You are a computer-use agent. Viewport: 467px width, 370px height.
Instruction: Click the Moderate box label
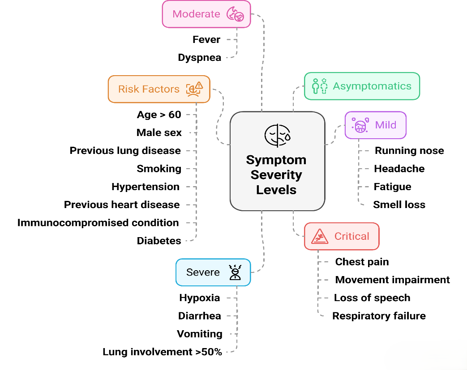click(x=196, y=14)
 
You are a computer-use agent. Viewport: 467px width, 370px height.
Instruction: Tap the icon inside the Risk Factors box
click(x=195, y=89)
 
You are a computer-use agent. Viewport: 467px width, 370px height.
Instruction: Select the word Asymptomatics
click(x=372, y=86)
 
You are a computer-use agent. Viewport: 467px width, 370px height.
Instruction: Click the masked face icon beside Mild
click(x=360, y=125)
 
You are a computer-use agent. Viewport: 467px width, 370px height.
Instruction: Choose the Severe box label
click(x=203, y=272)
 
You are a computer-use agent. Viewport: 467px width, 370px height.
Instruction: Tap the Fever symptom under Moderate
click(x=206, y=39)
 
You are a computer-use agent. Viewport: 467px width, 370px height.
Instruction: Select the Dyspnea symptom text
click(x=199, y=58)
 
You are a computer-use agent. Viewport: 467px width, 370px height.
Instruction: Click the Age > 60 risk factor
click(x=159, y=115)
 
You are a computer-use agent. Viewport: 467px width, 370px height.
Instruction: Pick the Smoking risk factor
click(x=159, y=169)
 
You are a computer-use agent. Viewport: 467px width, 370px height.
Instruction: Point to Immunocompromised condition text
click(x=98, y=222)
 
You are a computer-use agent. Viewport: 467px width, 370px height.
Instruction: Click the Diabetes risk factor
click(x=159, y=241)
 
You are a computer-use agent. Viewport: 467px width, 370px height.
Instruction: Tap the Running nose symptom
click(x=409, y=150)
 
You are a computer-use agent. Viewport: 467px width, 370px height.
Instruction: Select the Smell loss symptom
click(x=399, y=204)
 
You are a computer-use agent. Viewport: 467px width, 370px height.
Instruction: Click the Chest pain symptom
click(x=362, y=262)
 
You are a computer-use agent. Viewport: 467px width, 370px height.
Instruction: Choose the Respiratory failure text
click(x=379, y=316)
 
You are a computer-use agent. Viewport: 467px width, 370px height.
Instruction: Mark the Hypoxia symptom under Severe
click(x=200, y=298)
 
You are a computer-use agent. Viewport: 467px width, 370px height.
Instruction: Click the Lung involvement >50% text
click(x=162, y=352)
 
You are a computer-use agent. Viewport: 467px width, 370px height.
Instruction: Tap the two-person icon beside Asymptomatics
click(x=319, y=86)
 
